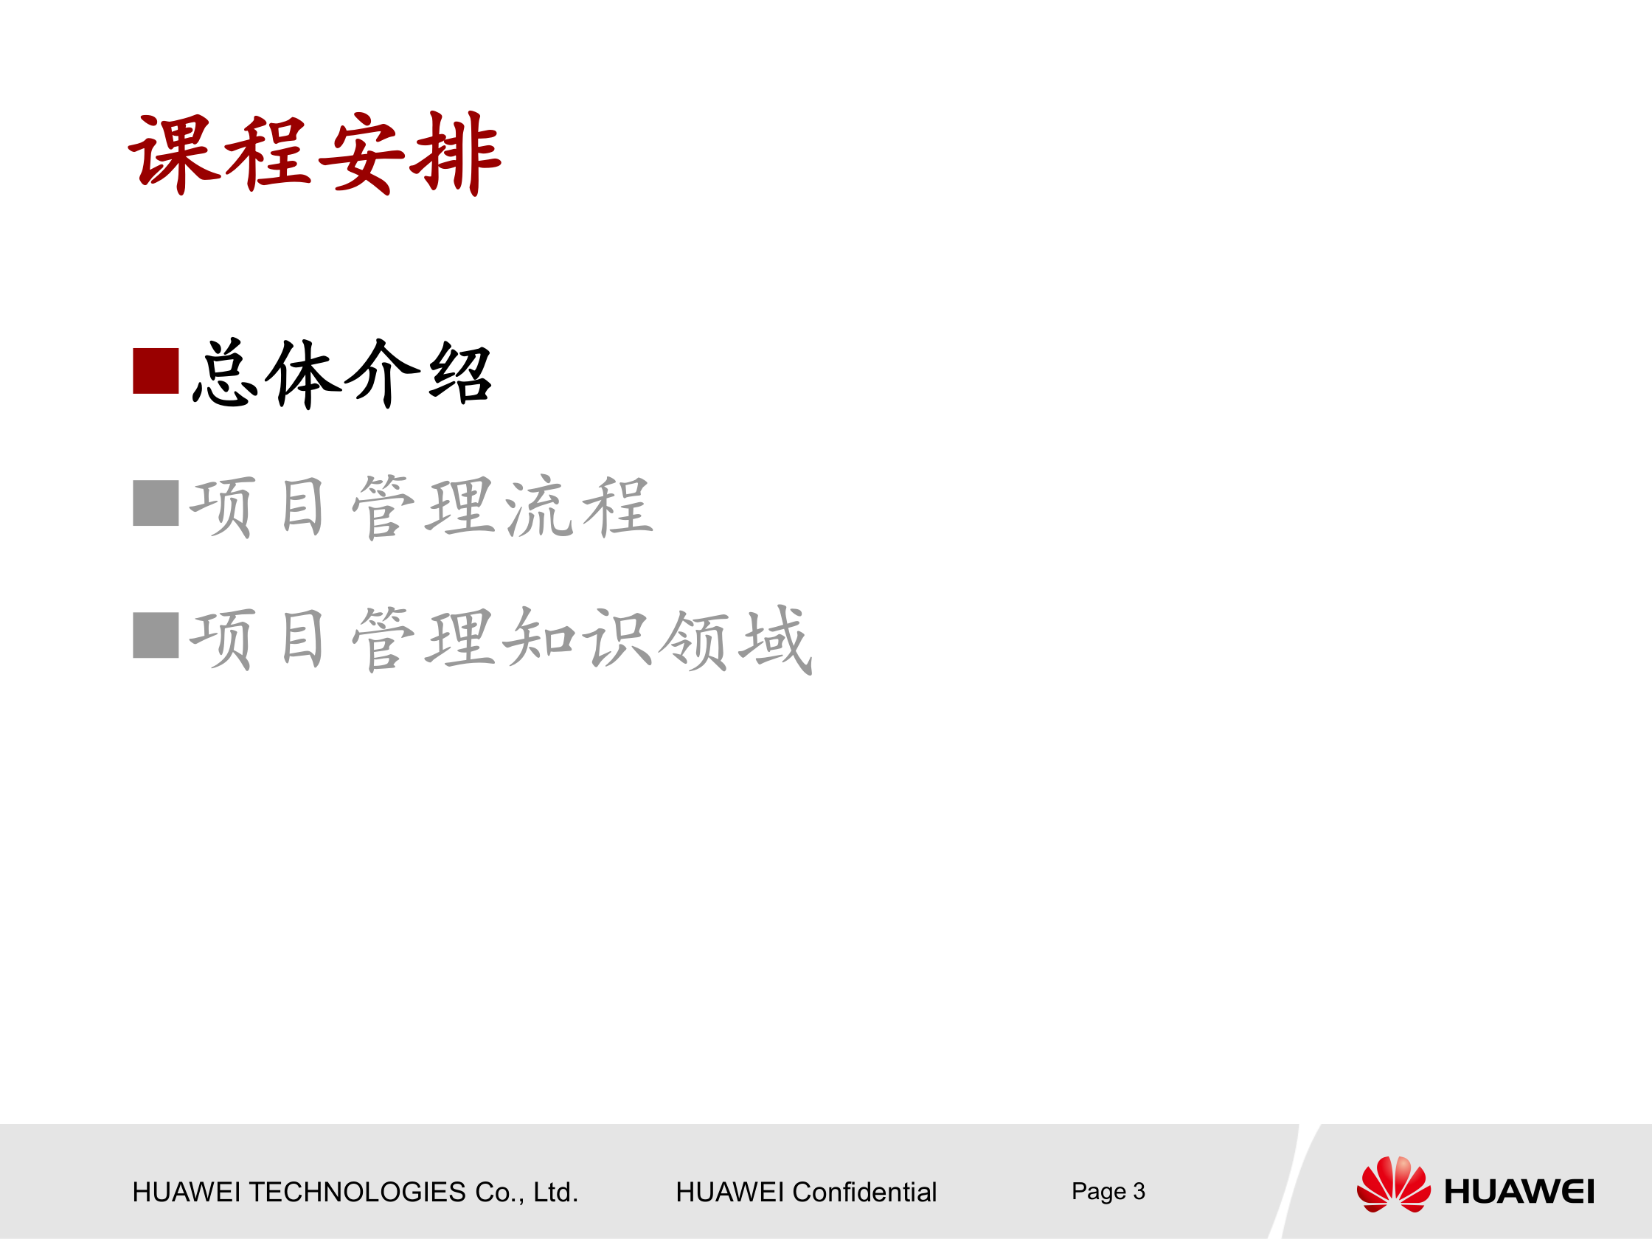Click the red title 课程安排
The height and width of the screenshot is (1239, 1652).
[x=314, y=155]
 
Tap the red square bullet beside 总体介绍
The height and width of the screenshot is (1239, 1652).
[x=156, y=370]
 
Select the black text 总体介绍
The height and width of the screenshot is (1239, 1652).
[x=342, y=373]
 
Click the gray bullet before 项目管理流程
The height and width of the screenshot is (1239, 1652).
[x=156, y=504]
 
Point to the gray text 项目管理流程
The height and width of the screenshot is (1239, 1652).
[x=421, y=507]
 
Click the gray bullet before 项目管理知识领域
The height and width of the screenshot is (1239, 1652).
[x=156, y=636]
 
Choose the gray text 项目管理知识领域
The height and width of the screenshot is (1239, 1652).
[x=500, y=639]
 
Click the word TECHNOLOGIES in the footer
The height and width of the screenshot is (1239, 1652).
[x=357, y=1192]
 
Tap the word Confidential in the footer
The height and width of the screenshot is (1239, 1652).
[x=864, y=1192]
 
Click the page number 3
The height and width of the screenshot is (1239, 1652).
[x=1139, y=1190]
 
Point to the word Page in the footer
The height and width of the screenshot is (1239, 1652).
[x=1098, y=1192]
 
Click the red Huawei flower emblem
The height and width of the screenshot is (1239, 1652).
[x=1394, y=1184]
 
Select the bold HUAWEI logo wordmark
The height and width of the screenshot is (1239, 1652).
[x=1519, y=1192]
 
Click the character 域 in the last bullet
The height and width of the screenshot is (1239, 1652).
[x=774, y=639]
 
